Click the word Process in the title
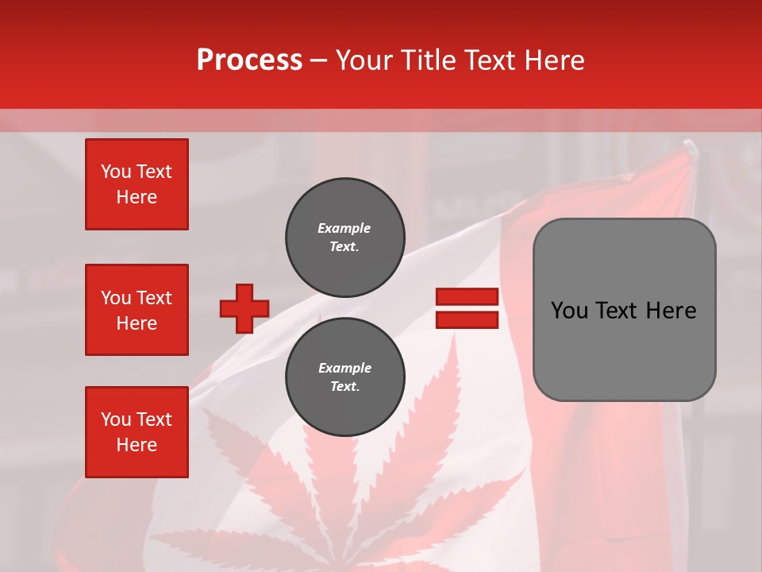(x=249, y=60)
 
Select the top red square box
(x=137, y=184)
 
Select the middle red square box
(x=137, y=310)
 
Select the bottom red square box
(x=137, y=432)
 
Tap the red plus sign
(x=244, y=308)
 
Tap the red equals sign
(x=467, y=308)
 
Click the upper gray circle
(x=345, y=237)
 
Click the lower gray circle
(x=345, y=377)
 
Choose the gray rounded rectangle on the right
(x=624, y=310)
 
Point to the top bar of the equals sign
(x=467, y=296)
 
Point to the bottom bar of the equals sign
(x=467, y=319)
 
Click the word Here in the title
(x=556, y=60)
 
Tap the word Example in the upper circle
(x=344, y=228)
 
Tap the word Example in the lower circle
(x=344, y=368)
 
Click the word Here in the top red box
(x=137, y=197)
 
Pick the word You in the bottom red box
(x=115, y=419)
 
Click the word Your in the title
(x=365, y=60)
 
